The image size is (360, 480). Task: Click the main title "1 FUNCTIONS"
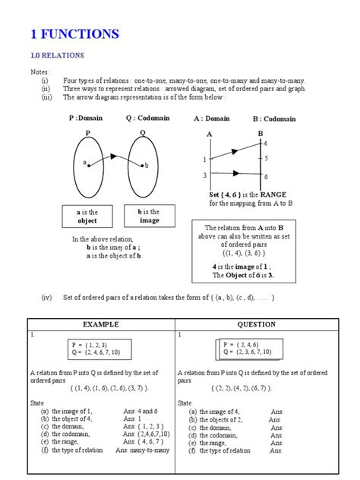click(x=74, y=33)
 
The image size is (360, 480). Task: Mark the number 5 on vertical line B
click(x=266, y=159)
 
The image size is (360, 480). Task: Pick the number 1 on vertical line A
click(x=204, y=159)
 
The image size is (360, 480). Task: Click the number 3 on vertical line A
click(x=204, y=175)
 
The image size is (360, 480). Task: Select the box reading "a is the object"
click(x=89, y=216)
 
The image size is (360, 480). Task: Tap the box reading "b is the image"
click(x=150, y=216)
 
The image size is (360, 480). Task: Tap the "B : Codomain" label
click(x=276, y=119)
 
